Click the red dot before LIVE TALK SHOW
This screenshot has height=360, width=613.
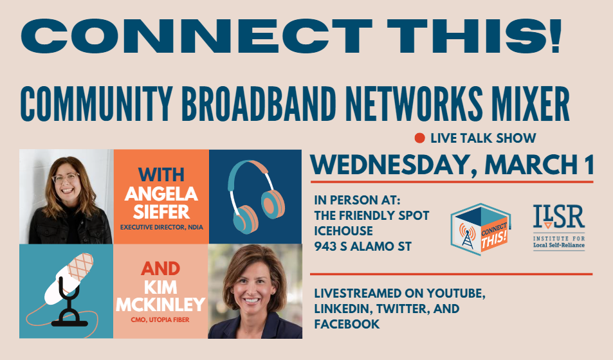point(419,138)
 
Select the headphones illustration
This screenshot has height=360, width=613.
point(256,197)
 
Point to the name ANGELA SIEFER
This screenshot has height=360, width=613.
point(161,203)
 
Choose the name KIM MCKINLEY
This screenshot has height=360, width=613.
point(161,296)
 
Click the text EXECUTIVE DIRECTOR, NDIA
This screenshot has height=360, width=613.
point(161,227)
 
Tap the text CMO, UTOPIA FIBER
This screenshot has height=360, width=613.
point(160,319)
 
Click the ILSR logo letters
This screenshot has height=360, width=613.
point(559,217)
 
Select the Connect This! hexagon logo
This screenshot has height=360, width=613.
point(480,229)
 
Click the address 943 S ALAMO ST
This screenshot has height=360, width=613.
point(363,247)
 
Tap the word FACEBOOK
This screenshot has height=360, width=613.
point(347,324)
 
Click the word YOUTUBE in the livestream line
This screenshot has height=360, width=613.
point(456,294)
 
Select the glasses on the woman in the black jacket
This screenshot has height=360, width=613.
point(66,178)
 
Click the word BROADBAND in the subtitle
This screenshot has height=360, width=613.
point(259,104)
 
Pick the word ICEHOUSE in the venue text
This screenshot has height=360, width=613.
point(343,231)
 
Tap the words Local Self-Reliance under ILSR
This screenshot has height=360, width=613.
point(559,246)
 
